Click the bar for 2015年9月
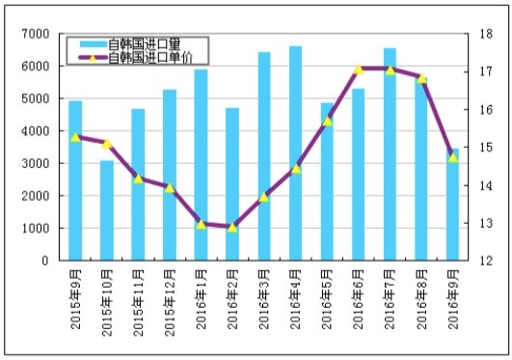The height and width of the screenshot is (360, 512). point(75,180)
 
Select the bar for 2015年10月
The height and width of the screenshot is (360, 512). point(107,210)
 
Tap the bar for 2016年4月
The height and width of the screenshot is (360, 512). point(295,153)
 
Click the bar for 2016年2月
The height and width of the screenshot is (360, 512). point(232,184)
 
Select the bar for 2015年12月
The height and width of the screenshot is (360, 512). point(170,175)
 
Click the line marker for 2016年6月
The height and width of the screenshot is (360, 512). point(358,69)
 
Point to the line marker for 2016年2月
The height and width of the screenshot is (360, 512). point(232,227)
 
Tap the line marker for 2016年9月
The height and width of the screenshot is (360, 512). point(452,156)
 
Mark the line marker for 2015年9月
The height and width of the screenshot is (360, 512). point(75,137)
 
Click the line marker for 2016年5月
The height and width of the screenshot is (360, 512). point(327,121)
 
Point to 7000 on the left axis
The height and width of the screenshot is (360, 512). point(37,34)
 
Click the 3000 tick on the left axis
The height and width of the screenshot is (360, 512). point(37,163)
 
